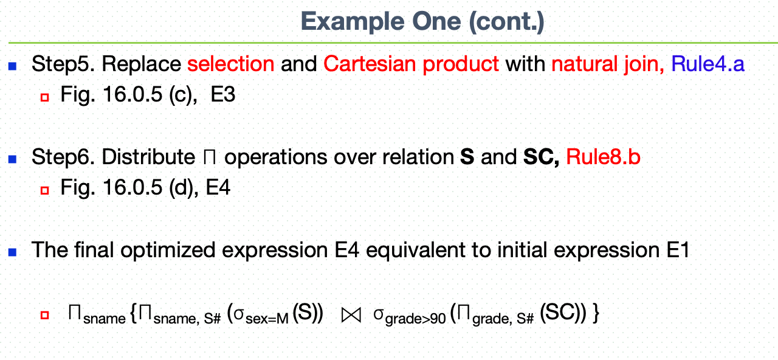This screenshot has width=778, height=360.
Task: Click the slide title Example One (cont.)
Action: pyautogui.click(x=422, y=22)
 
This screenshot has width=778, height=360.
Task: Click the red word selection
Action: pyautogui.click(x=231, y=64)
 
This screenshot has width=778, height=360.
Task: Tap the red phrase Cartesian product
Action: pyautogui.click(x=411, y=64)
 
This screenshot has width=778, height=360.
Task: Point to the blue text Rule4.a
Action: pyautogui.click(x=708, y=64)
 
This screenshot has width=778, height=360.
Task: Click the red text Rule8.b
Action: pyautogui.click(x=604, y=157)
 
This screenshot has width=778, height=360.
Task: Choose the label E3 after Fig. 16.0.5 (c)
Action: pyautogui.click(x=223, y=94)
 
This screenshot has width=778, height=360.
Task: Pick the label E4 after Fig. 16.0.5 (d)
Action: pyautogui.click(x=218, y=187)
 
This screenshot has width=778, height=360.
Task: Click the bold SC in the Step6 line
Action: pyautogui.click(x=540, y=157)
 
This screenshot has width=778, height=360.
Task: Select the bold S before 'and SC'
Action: pyautogui.click(x=467, y=157)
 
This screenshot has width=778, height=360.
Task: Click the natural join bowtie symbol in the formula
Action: pyautogui.click(x=351, y=315)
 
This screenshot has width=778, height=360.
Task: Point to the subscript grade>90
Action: pyautogui.click(x=415, y=319)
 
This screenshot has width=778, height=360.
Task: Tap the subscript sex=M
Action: pyautogui.click(x=267, y=319)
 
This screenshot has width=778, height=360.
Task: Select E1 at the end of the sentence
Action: pyautogui.click(x=678, y=250)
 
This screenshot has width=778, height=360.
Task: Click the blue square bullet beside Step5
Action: pyautogui.click(x=13, y=66)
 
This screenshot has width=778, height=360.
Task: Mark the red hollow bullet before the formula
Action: pyautogui.click(x=44, y=315)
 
